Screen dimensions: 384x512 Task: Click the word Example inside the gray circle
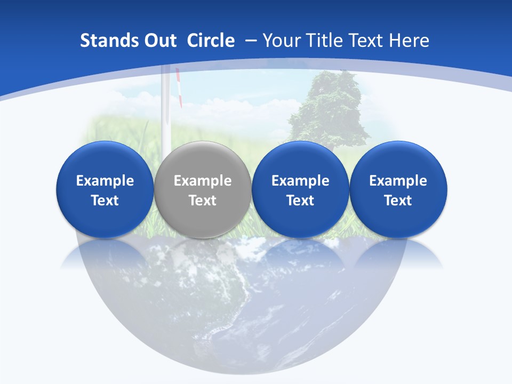pyautogui.click(x=203, y=181)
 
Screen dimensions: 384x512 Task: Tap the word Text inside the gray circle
pyautogui.click(x=203, y=201)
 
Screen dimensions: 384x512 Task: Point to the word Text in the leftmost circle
pyautogui.click(x=105, y=201)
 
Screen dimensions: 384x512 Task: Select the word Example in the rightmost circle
pyautogui.click(x=398, y=181)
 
